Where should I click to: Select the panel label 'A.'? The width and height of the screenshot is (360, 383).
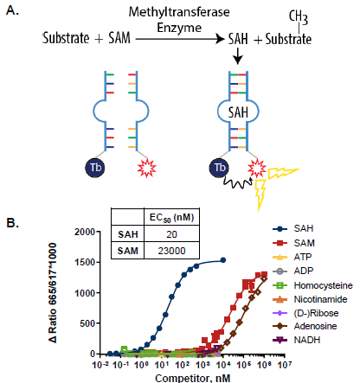[x=13, y=14]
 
